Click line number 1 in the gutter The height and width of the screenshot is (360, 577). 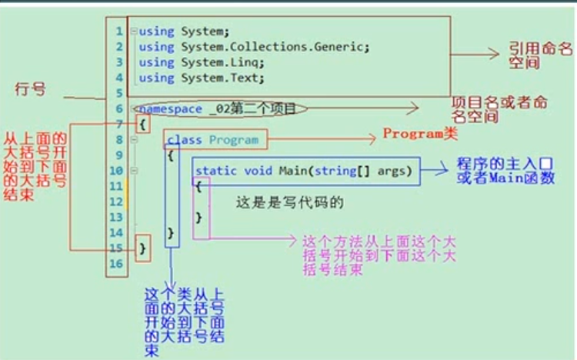point(118,32)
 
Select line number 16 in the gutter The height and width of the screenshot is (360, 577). point(116,264)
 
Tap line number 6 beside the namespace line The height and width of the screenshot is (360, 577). point(118,109)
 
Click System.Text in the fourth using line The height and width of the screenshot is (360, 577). point(223,78)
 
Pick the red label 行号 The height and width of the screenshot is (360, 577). point(31,90)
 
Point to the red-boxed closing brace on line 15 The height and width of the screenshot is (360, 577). point(142,248)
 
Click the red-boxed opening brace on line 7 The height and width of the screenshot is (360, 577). point(142,124)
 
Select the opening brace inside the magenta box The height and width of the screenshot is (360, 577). point(198,186)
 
